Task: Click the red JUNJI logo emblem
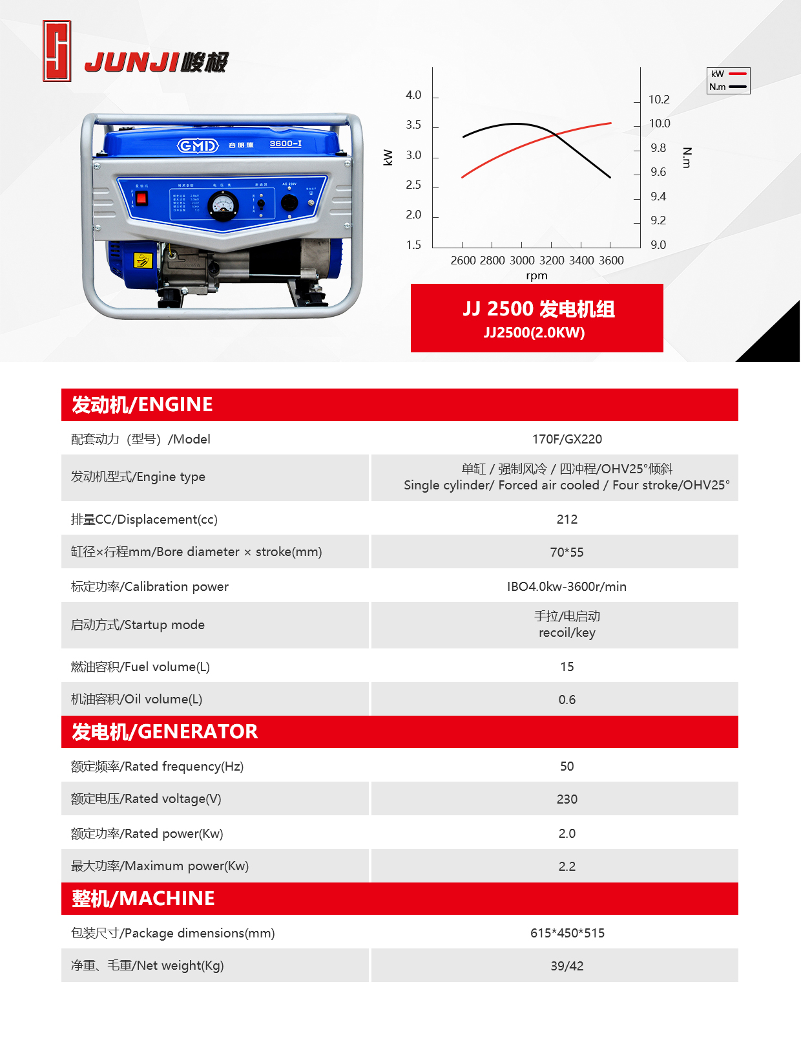click(x=57, y=51)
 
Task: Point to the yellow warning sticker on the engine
click(x=142, y=261)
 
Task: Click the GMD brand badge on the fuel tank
click(x=198, y=145)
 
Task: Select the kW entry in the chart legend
click(x=728, y=74)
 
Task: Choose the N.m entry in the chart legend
click(x=728, y=87)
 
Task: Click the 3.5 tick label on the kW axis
click(x=413, y=125)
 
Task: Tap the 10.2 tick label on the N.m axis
click(x=659, y=100)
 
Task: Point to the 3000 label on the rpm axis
click(x=522, y=261)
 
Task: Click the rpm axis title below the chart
click(x=536, y=275)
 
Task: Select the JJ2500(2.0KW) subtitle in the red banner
click(x=534, y=332)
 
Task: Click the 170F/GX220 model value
click(x=567, y=439)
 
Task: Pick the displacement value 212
click(x=567, y=519)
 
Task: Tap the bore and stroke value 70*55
click(x=567, y=552)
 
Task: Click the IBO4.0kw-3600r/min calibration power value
click(x=567, y=586)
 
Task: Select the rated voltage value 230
click(x=567, y=799)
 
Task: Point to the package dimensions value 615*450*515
click(x=567, y=933)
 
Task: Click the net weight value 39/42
click(x=567, y=966)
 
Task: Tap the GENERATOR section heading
click(x=165, y=731)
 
